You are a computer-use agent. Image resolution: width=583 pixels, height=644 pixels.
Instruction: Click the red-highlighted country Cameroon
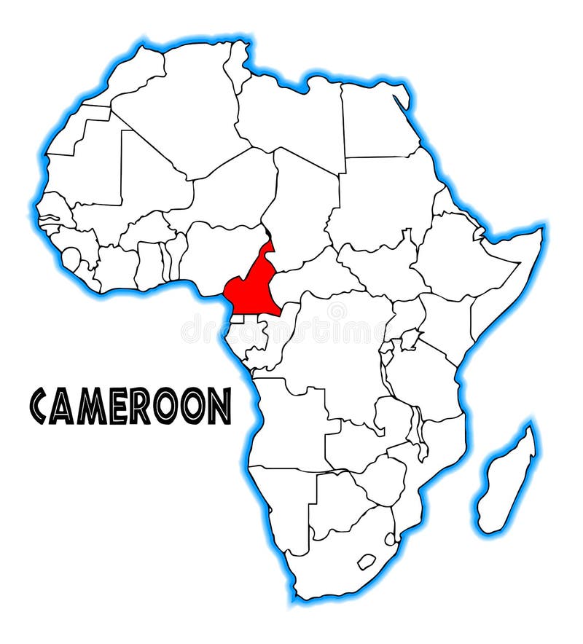coord(251,288)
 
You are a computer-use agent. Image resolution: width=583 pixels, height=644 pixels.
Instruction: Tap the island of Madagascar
coord(507,481)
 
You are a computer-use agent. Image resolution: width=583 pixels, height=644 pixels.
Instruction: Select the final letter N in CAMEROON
coord(219,406)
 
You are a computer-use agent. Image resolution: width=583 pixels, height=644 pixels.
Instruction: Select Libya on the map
coord(291,117)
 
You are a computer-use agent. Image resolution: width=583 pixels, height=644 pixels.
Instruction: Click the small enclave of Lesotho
coord(367,561)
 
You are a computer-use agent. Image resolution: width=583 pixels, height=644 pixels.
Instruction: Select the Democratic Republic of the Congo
coord(335,350)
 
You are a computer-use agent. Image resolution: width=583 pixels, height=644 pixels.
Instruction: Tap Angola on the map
coord(291,423)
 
